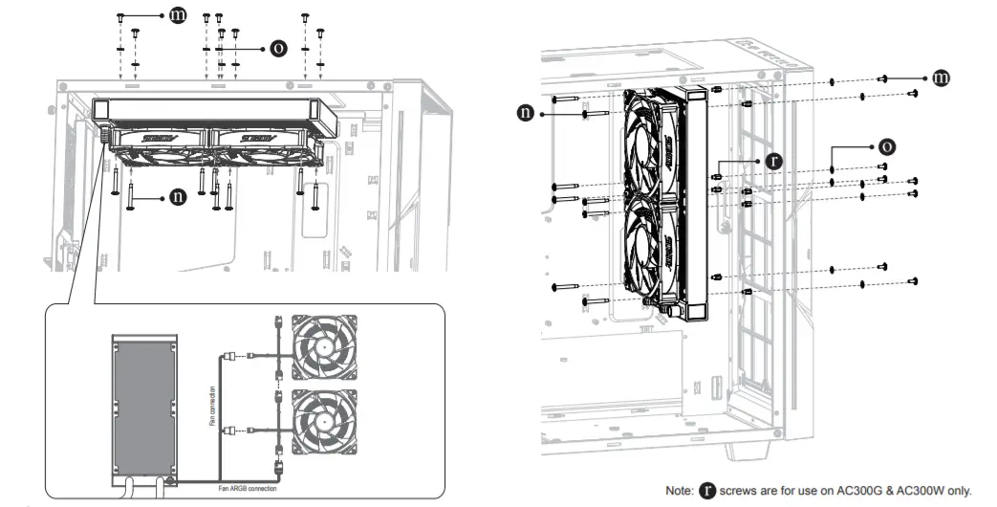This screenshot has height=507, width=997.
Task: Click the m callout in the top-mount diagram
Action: (x=178, y=16)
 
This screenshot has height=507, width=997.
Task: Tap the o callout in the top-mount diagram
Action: (x=278, y=47)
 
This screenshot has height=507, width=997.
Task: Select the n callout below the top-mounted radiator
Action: (x=178, y=197)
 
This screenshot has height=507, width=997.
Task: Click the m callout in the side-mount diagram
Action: (x=941, y=77)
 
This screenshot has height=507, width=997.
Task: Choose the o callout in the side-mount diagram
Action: (x=887, y=146)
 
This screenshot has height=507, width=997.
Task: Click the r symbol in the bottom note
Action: (x=708, y=489)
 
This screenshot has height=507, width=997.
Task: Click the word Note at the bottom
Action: (x=680, y=490)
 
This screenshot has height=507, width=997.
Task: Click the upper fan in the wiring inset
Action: (x=325, y=345)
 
